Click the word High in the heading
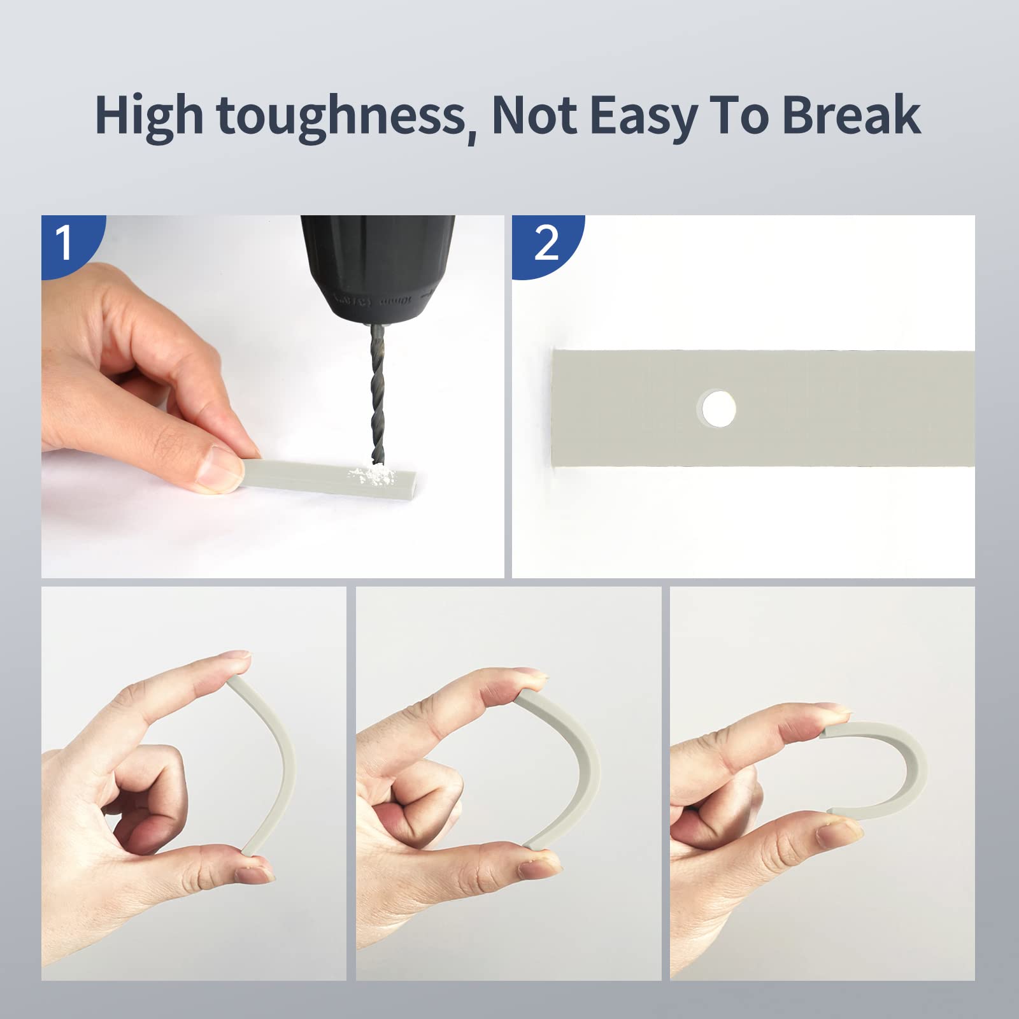[x=149, y=116]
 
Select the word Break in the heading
[x=851, y=115]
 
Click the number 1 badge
[x=64, y=243]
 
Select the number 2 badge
[x=546, y=243]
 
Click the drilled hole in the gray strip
[x=718, y=408]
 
